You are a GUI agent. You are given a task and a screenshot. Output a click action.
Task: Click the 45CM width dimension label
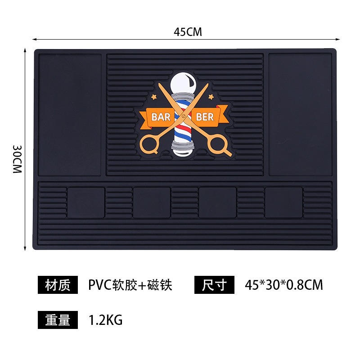[188, 32]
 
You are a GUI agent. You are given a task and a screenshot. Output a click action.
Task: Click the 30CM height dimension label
[17, 159]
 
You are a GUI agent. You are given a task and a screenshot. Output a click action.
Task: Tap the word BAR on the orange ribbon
[161, 117]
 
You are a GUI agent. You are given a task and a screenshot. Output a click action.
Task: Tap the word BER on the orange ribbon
[205, 117]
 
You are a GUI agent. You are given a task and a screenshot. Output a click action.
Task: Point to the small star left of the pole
[153, 97]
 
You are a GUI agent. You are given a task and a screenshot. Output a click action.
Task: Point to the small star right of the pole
[211, 97]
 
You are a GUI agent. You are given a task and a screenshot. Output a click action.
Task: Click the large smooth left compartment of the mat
[70, 115]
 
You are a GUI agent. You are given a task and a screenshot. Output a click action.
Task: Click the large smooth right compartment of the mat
[300, 115]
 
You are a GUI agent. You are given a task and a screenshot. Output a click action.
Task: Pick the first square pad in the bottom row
[86, 202]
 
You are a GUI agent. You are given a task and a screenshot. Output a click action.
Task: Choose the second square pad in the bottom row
[152, 202]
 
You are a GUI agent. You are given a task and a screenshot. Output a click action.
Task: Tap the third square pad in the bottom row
[217, 202]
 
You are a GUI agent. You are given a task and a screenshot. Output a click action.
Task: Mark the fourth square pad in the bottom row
[283, 202]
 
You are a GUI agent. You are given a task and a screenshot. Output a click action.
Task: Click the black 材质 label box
[58, 285]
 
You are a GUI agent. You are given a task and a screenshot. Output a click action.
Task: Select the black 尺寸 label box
[215, 285]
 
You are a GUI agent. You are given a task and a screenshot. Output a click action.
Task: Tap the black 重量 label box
[58, 320]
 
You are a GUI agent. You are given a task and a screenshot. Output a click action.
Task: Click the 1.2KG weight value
[106, 320]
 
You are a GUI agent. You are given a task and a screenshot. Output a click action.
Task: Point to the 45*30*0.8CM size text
[284, 285]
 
